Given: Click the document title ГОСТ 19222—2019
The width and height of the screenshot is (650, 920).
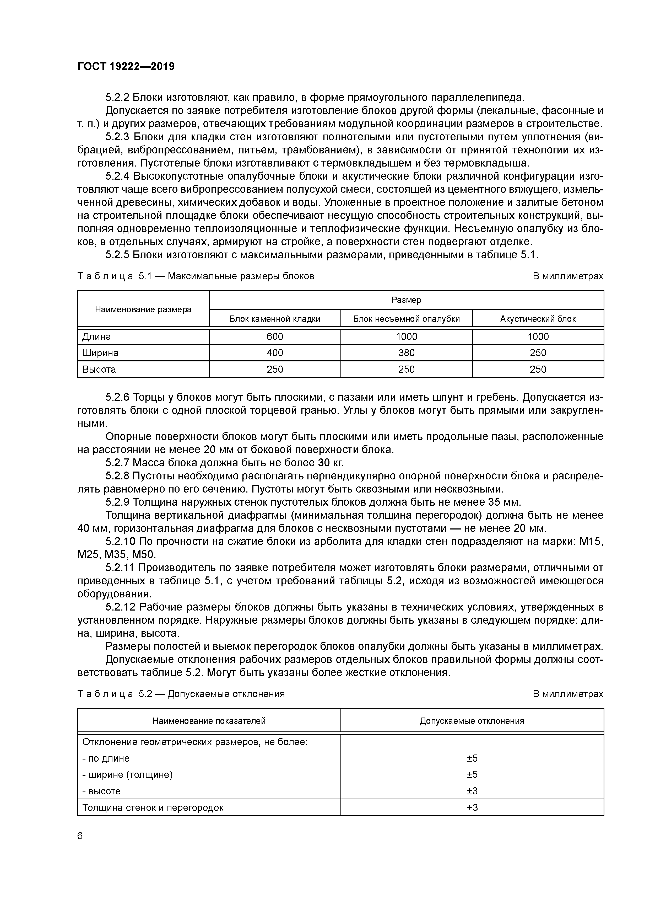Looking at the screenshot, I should coord(126,67).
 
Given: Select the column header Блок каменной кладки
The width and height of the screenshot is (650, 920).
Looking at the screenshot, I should coord(275,319).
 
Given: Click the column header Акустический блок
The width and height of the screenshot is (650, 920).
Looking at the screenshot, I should coord(538,319).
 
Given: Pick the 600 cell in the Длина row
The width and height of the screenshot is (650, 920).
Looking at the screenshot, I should coord(275,336).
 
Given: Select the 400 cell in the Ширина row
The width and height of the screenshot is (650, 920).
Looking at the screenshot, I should coord(275,353).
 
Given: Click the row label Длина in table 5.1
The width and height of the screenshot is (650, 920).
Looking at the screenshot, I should coord(96,336).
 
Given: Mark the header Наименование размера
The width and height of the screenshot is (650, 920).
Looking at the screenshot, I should coord(143,309).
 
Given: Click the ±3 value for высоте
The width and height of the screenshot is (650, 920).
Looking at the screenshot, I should coord(472,791).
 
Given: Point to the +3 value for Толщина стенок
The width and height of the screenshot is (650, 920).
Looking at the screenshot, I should coord(472,807).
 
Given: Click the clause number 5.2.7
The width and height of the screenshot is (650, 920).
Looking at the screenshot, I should coord(117,463).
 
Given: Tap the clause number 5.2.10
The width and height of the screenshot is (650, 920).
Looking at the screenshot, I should coord(121,542).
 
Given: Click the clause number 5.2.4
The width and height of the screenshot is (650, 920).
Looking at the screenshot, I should coord(117,176).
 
